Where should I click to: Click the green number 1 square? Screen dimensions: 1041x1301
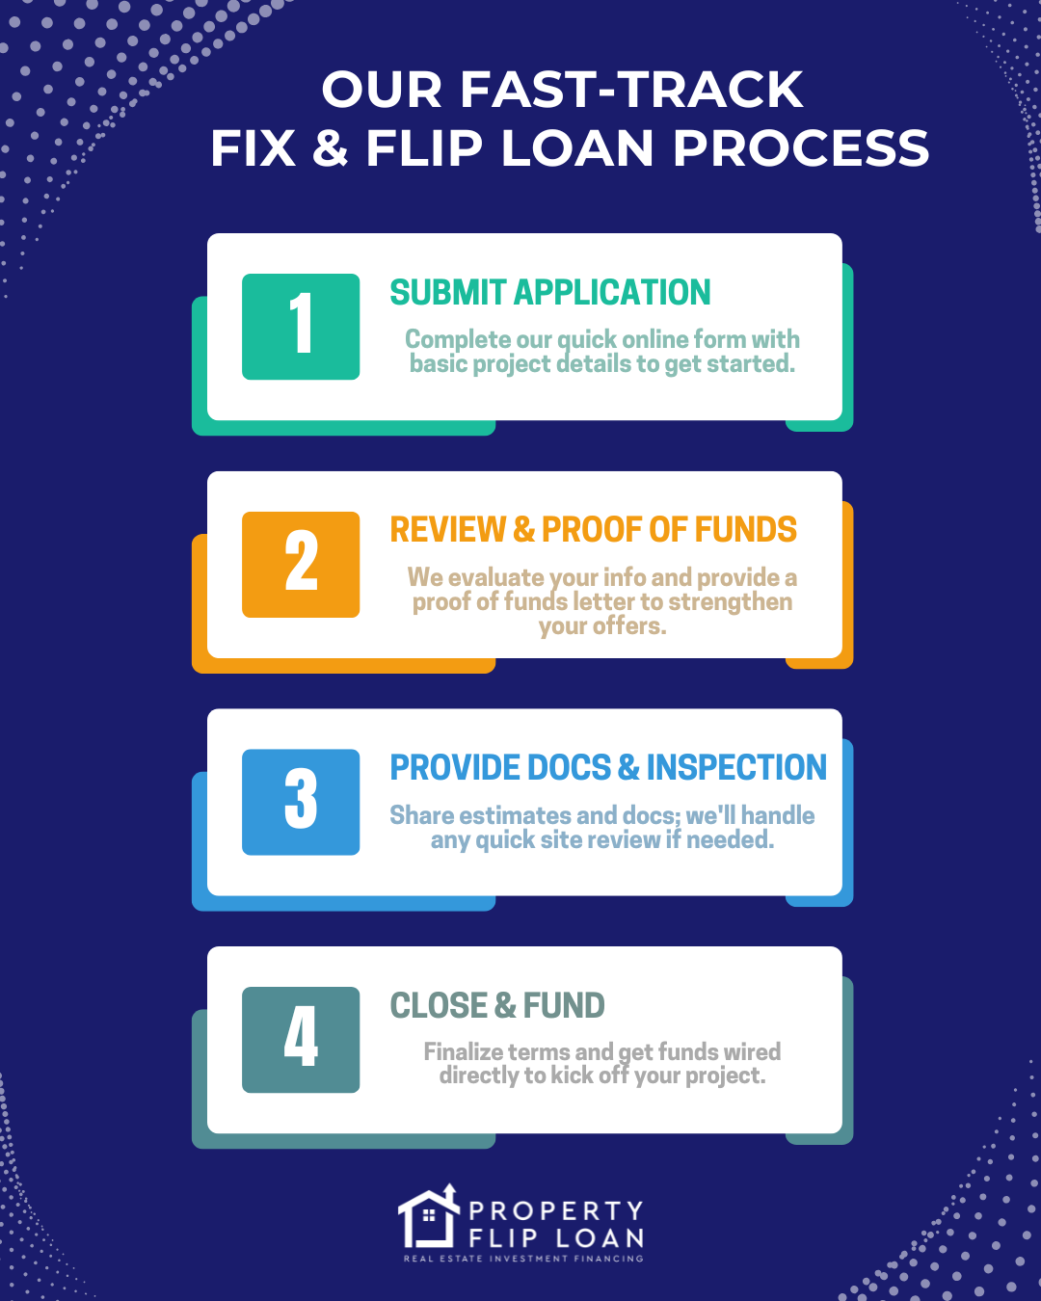click(301, 327)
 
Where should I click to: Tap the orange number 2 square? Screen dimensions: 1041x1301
click(301, 565)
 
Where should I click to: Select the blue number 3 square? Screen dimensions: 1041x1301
click(301, 802)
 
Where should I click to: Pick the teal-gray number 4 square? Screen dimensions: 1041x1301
click(301, 1040)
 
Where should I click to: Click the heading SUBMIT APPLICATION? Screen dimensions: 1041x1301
click(550, 292)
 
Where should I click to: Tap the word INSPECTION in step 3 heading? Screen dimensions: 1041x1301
click(736, 768)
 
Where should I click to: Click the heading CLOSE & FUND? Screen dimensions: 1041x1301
click(497, 1006)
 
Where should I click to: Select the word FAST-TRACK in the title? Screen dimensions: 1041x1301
click(631, 90)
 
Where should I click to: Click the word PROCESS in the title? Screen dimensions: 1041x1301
click(801, 148)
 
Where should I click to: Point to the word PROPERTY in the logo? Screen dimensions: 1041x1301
click(556, 1211)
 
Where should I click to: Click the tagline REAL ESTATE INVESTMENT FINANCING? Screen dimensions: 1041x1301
click(523, 1259)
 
